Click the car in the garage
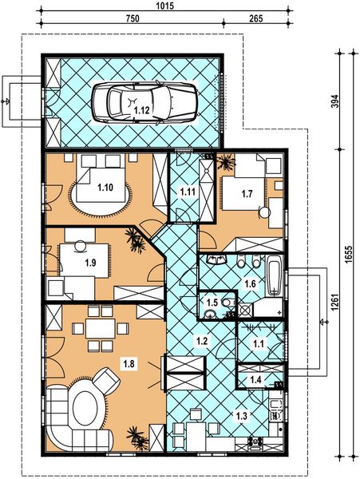point(144,103)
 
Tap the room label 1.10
point(105,188)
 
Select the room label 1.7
point(247,193)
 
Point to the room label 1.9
point(90,263)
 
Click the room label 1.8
point(129,364)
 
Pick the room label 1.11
point(188,192)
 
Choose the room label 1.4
point(255,380)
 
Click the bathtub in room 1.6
point(274,275)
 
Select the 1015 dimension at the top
point(166,6)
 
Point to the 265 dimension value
point(256,18)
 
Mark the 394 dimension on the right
point(335,101)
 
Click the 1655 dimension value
point(350,252)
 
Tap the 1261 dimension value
point(335,303)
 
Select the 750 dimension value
point(133,18)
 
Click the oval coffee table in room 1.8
point(85,409)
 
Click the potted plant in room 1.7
point(226,162)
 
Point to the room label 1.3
point(241,415)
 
